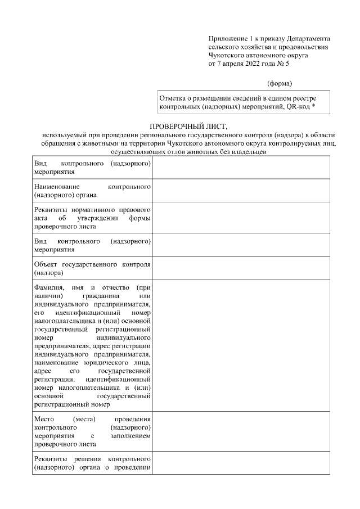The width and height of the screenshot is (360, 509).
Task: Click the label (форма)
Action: coord(280,84)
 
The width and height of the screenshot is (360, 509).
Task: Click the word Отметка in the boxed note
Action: coord(174,98)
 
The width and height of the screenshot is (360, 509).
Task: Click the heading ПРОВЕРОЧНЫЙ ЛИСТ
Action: coord(181,128)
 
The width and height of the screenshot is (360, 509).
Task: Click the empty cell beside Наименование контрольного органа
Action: coord(241,191)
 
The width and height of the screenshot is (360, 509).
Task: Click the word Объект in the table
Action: coord(46,264)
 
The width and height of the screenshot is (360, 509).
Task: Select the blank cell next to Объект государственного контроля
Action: coord(241,269)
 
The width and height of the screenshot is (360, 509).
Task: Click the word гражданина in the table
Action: coord(101,296)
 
